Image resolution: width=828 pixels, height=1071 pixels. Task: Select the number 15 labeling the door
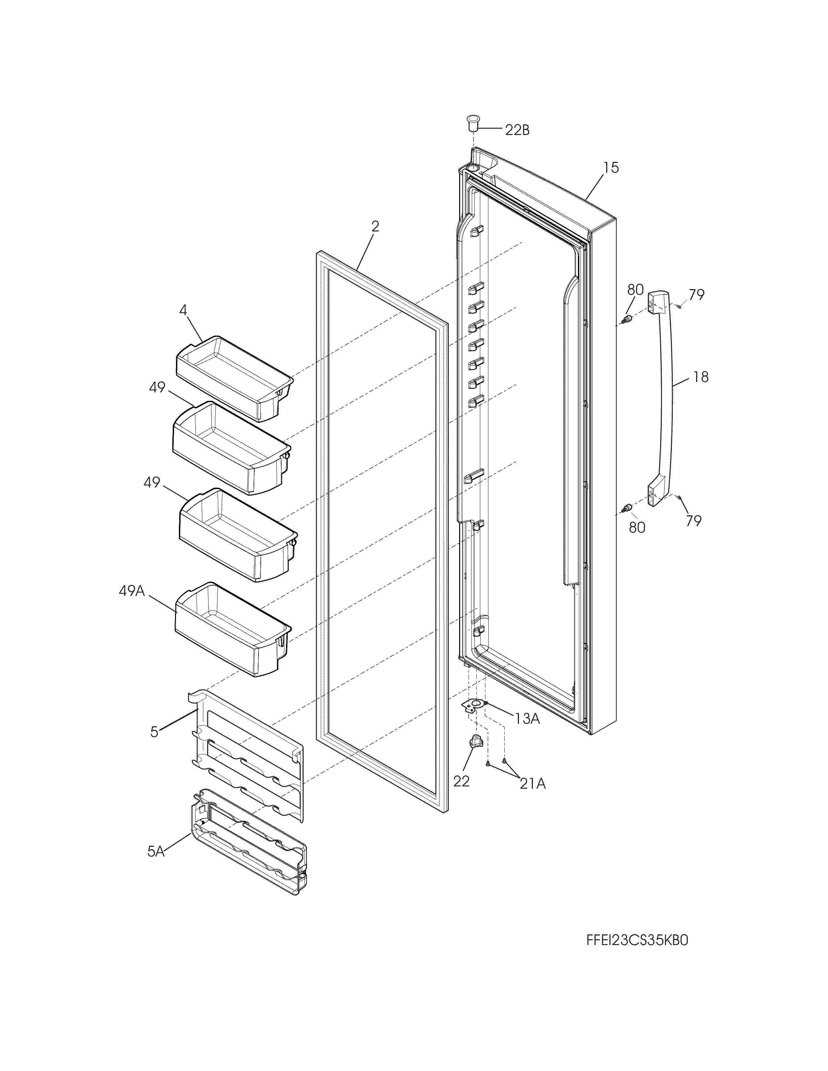pyautogui.click(x=611, y=168)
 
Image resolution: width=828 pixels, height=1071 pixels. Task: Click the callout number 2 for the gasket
pyautogui.click(x=375, y=227)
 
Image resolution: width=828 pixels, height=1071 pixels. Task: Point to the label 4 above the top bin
pyautogui.click(x=182, y=310)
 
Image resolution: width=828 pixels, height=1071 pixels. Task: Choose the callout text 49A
pyautogui.click(x=132, y=591)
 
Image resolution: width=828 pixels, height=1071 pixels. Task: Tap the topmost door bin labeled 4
pyautogui.click(x=233, y=377)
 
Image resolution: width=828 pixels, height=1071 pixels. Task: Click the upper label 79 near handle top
pyautogui.click(x=696, y=295)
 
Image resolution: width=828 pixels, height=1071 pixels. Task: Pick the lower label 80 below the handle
pyautogui.click(x=637, y=528)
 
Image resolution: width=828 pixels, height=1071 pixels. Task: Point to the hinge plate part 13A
pyautogui.click(x=473, y=706)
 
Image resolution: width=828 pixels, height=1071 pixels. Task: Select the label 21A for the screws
pyautogui.click(x=533, y=784)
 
